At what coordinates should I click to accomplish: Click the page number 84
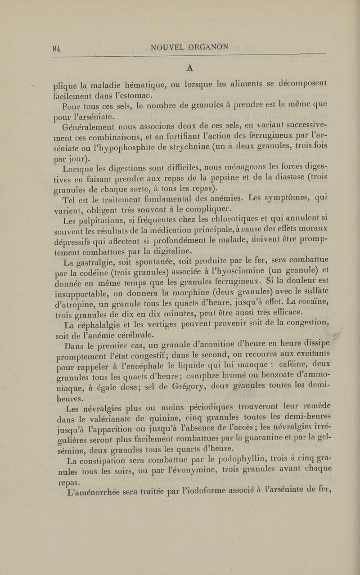pos(56,49)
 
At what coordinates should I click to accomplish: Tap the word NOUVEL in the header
pos(167,47)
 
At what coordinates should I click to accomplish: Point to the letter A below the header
pos(189,67)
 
